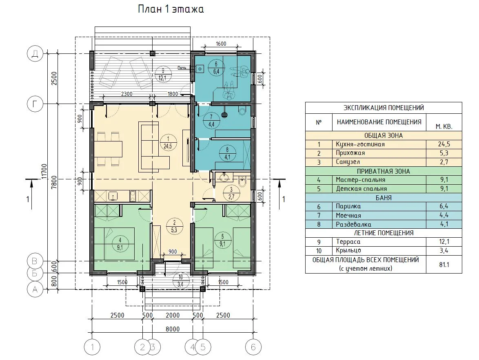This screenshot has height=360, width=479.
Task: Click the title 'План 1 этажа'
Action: [171, 9]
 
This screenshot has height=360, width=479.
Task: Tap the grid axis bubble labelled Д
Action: [35, 54]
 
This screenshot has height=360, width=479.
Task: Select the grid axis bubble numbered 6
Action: [253, 347]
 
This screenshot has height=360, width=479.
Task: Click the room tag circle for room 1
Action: [168, 143]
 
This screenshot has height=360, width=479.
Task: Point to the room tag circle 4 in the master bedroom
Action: [120, 244]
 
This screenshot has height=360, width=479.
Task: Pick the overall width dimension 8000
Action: [173, 329]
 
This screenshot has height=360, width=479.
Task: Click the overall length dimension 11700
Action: [44, 171]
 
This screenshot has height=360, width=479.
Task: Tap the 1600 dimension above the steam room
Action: [221, 44]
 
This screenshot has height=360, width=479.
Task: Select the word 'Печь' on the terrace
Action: [182, 68]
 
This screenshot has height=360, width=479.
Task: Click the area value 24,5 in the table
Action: [444, 144]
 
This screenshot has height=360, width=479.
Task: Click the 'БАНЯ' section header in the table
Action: [384, 198]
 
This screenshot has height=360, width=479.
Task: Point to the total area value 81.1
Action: [444, 265]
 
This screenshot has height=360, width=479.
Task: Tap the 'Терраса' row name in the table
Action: [348, 242]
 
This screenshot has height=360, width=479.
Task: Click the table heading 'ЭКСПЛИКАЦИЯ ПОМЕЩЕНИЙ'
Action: [384, 108]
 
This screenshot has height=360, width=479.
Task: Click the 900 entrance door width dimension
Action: [173, 252]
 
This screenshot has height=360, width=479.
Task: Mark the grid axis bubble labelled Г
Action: [35, 104]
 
